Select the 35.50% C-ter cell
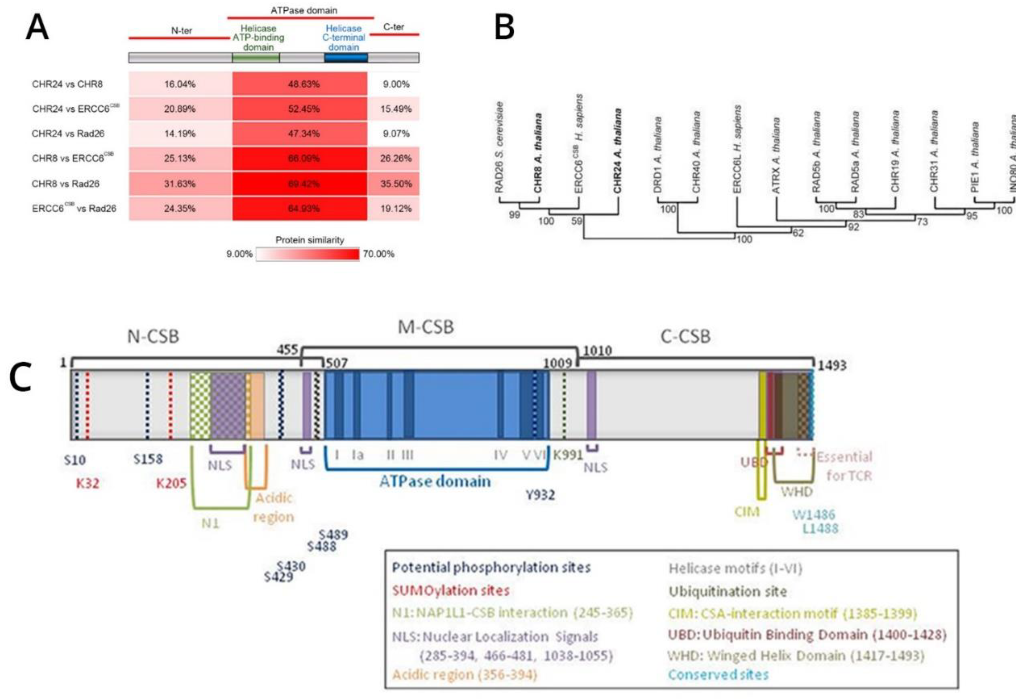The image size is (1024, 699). point(396,184)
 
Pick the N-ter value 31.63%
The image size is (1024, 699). point(180,184)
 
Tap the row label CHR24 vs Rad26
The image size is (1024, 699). point(68,134)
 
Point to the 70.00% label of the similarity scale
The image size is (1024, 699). point(378,254)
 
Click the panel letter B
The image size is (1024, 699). point(504,27)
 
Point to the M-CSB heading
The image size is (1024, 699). point(426,327)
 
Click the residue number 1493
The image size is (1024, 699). point(832,365)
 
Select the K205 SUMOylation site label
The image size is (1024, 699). point(171,484)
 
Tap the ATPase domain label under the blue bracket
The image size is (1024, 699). point(435,481)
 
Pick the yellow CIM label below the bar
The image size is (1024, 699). point(747,512)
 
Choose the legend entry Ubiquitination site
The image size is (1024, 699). point(727,591)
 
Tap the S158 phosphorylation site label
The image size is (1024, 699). point(148,459)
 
